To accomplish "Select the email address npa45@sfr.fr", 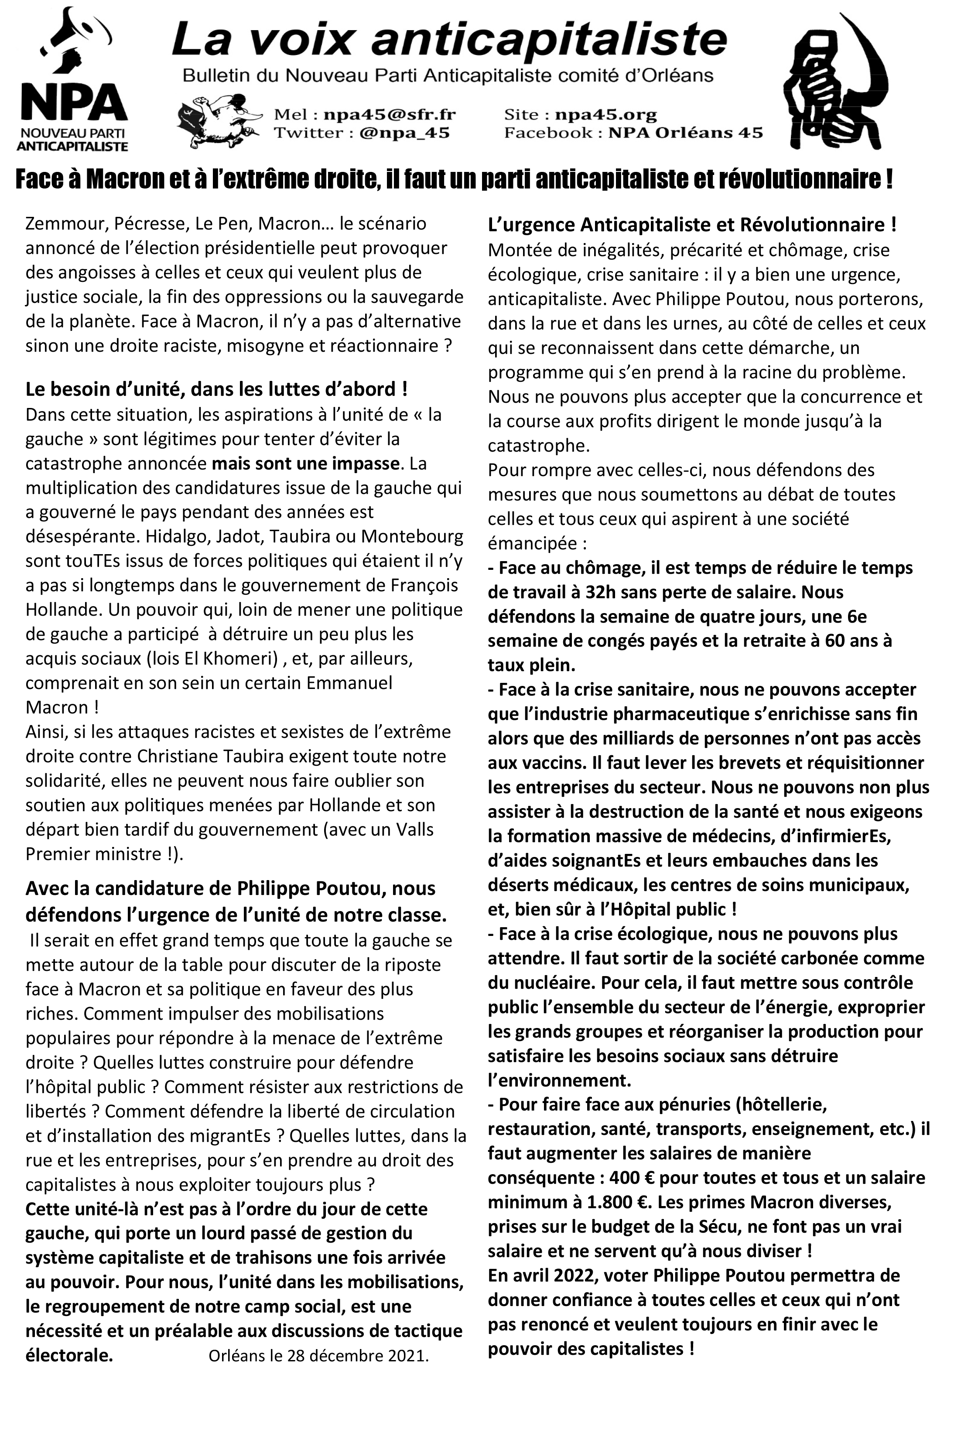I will pyautogui.click(x=389, y=115).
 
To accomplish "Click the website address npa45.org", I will pyautogui.click(x=605, y=115).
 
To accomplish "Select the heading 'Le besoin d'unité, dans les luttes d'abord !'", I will pyautogui.click(x=216, y=390).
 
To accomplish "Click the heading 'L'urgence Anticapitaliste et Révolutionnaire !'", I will pyautogui.click(x=692, y=225).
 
